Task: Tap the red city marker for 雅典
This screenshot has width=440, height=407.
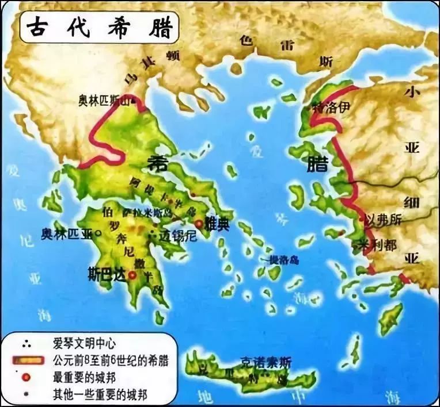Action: (199, 223)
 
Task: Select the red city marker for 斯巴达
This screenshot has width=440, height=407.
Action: (132, 275)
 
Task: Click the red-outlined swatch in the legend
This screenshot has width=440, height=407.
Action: (28, 360)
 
